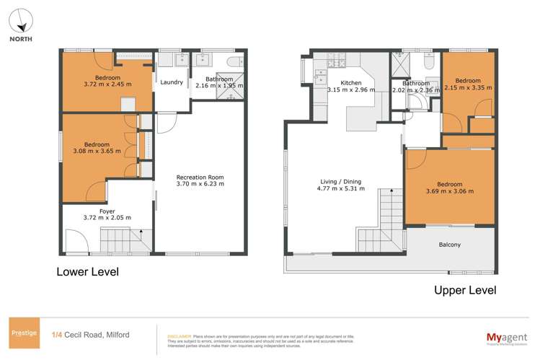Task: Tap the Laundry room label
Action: pyautogui.click(x=172, y=82)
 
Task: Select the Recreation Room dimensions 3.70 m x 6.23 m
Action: pyautogui.click(x=201, y=184)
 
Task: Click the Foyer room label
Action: pyautogui.click(x=107, y=211)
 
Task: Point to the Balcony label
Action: pyautogui.click(x=450, y=245)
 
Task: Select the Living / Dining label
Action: pyautogui.click(x=341, y=181)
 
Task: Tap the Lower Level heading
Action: pyautogui.click(x=88, y=272)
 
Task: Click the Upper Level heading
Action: pyautogui.click(x=464, y=290)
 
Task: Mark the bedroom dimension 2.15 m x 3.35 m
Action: pyautogui.click(x=468, y=88)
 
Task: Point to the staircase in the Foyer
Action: pyautogui.click(x=120, y=239)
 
